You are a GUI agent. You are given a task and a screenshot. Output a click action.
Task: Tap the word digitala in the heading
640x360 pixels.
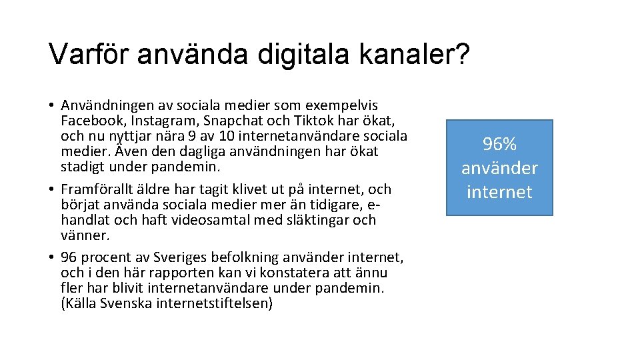[x=295, y=54]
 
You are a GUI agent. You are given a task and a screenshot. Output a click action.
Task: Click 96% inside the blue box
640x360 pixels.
[x=499, y=144]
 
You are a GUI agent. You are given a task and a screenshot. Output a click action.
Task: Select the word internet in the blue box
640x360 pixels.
[x=499, y=192]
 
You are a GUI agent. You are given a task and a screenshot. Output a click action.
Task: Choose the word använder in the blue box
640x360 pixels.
[x=499, y=168]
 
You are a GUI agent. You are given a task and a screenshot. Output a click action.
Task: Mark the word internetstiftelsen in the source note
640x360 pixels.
[x=214, y=303]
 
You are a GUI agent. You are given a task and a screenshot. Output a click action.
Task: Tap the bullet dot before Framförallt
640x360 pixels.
[x=51, y=190]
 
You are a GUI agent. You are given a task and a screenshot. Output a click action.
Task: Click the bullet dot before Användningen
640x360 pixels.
[x=51, y=106]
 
